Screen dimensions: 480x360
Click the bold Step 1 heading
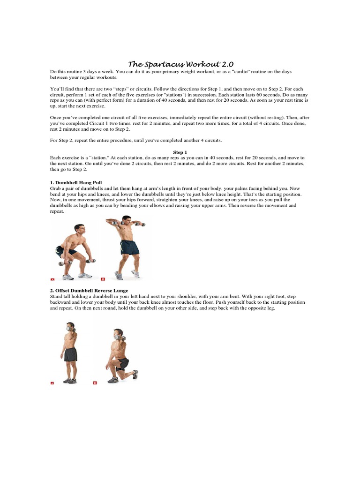point(180,152)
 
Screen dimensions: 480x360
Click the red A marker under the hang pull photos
point(52,279)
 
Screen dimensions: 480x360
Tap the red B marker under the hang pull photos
point(103,279)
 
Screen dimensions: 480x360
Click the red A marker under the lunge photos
point(52,383)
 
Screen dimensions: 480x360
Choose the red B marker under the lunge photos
point(95,383)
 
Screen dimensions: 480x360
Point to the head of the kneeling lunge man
point(118,334)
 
